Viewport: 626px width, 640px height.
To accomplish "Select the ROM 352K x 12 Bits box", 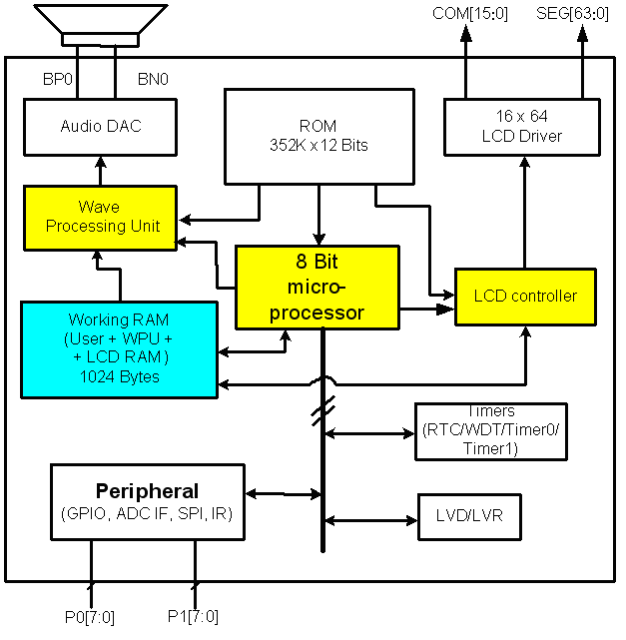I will [x=318, y=135].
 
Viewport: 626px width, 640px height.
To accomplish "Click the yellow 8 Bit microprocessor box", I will [x=316, y=287].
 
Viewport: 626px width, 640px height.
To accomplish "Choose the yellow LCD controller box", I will [x=525, y=296].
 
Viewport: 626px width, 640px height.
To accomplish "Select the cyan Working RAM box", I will [x=119, y=348].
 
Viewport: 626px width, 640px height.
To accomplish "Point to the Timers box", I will [x=490, y=431].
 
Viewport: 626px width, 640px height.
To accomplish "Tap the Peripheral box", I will [x=147, y=501].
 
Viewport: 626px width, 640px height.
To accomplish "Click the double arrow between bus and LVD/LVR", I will [x=369, y=519].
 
